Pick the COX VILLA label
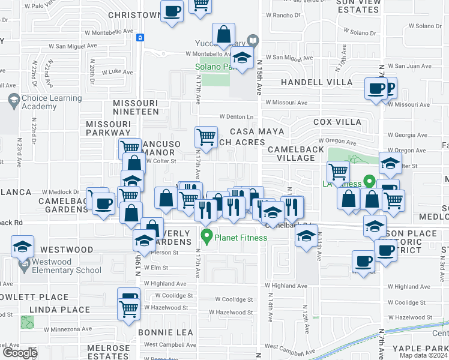tap(337, 122)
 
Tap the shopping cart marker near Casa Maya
tap(206, 136)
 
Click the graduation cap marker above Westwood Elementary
tap(23, 246)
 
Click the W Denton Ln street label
tap(237, 116)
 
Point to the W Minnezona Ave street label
tap(68, 329)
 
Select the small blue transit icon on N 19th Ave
tap(140, 38)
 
